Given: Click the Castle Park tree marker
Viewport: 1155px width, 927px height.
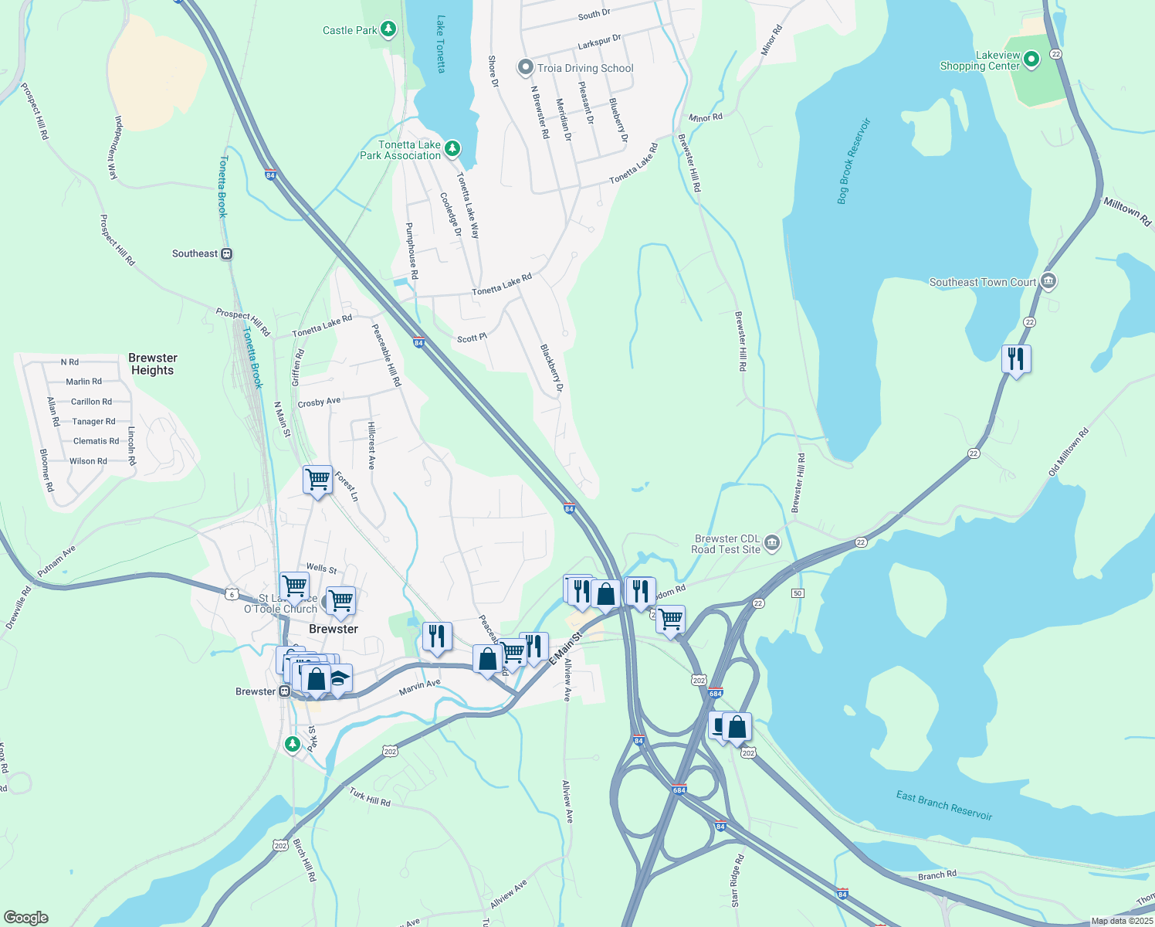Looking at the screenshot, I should (x=388, y=30).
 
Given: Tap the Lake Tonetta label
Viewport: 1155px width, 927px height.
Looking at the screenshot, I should (x=441, y=44).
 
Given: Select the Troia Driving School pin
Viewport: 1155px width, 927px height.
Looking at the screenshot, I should (x=525, y=68).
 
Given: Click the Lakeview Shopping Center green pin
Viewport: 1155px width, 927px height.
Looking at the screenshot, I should (x=1031, y=59).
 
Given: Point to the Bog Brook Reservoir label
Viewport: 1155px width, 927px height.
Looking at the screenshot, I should (x=853, y=161).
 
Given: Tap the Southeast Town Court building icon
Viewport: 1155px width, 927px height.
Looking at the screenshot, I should (x=1048, y=281).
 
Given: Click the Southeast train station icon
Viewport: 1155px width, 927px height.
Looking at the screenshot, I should (x=226, y=253).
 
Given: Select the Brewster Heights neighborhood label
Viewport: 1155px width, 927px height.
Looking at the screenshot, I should (x=153, y=364).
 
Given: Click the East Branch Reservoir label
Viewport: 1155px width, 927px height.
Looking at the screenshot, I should (x=943, y=805).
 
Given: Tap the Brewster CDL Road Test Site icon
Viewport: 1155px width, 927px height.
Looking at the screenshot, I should (x=772, y=544).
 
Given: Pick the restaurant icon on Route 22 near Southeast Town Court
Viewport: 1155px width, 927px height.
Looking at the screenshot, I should (x=1016, y=359).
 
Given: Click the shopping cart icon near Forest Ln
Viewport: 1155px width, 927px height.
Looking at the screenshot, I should (x=317, y=480).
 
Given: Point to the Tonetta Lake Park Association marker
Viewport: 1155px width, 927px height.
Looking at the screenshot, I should (x=452, y=148).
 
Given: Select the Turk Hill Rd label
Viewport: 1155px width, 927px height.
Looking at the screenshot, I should (x=370, y=796).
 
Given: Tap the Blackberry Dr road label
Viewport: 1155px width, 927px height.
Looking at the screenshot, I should (x=552, y=368).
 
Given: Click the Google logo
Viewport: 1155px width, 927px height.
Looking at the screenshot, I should (x=26, y=917).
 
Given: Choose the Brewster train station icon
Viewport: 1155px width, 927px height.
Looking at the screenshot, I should (x=284, y=691).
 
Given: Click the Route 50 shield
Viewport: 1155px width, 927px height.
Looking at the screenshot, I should (x=798, y=593).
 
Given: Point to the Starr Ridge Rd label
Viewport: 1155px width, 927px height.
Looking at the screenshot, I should (x=737, y=881).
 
